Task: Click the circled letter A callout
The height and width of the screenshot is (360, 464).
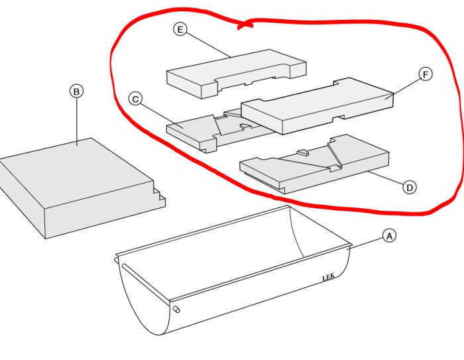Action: click(389, 236)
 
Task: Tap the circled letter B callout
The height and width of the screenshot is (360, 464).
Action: click(76, 91)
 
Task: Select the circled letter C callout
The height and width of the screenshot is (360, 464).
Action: click(135, 99)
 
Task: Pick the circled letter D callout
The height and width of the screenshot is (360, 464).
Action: click(410, 188)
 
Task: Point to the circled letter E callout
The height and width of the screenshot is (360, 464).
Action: click(180, 29)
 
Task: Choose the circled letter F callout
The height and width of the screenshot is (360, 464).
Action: click(426, 74)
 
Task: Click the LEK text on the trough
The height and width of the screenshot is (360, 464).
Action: click(329, 277)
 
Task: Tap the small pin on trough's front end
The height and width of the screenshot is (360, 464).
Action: click(176, 310)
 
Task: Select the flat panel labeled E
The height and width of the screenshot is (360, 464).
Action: click(236, 74)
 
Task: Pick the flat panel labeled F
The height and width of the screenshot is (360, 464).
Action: click(318, 105)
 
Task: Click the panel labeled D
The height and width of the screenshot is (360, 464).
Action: click(314, 164)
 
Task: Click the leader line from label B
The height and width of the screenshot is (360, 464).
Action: click(77, 122)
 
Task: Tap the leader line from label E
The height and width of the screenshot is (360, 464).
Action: click(208, 45)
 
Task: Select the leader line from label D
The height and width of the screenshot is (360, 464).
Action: click(386, 178)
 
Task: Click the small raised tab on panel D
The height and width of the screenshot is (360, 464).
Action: click(303, 152)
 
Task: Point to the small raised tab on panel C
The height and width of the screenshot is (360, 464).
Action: click(245, 127)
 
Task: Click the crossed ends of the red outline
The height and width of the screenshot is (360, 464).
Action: click(245, 25)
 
